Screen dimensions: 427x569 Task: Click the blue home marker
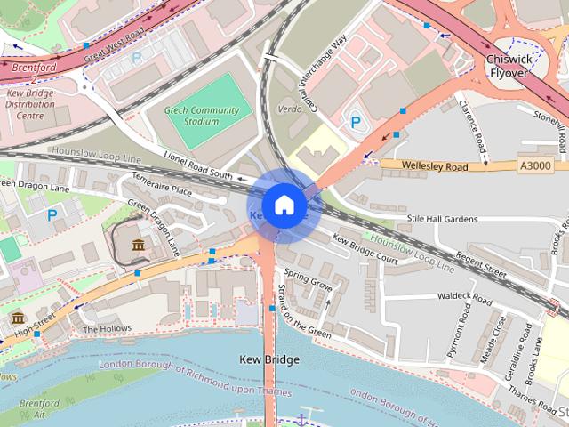(284, 205)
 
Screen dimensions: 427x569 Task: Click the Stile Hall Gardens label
(441, 218)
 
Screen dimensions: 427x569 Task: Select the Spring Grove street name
(309, 287)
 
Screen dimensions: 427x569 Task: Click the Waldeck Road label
(463, 295)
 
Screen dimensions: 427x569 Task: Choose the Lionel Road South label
(197, 165)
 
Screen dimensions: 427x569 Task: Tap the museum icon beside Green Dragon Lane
(138, 245)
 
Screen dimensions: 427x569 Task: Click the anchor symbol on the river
(302, 418)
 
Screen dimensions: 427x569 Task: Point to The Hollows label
(100, 328)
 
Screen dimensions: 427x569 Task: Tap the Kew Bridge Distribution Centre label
(31, 104)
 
